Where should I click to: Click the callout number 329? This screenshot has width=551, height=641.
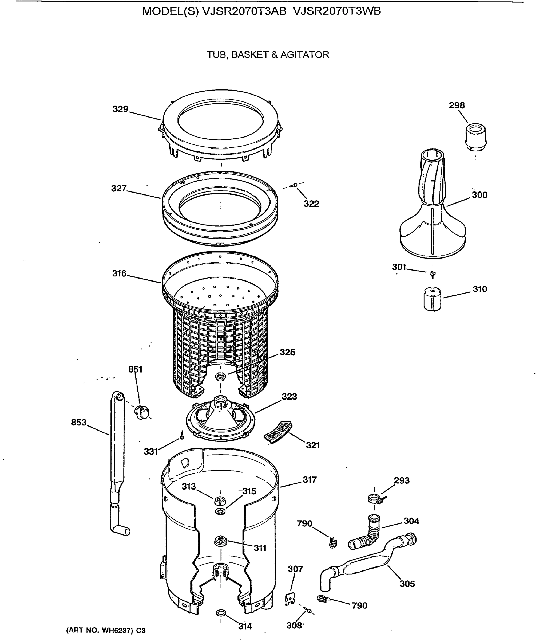point(120,109)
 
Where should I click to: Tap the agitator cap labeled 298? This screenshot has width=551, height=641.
point(476,137)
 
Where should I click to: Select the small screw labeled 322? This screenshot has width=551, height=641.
point(294,185)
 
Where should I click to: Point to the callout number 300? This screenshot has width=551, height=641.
point(479,195)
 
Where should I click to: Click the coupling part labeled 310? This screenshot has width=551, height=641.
point(432,299)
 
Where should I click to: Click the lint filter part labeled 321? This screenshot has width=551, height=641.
point(278,432)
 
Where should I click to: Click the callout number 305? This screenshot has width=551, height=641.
point(407,584)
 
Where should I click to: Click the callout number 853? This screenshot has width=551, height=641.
point(78,422)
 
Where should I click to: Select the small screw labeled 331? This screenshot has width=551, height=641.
point(182,435)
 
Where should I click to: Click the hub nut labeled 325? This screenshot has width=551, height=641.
point(221,377)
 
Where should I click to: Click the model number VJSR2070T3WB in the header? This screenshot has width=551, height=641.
point(336,11)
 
